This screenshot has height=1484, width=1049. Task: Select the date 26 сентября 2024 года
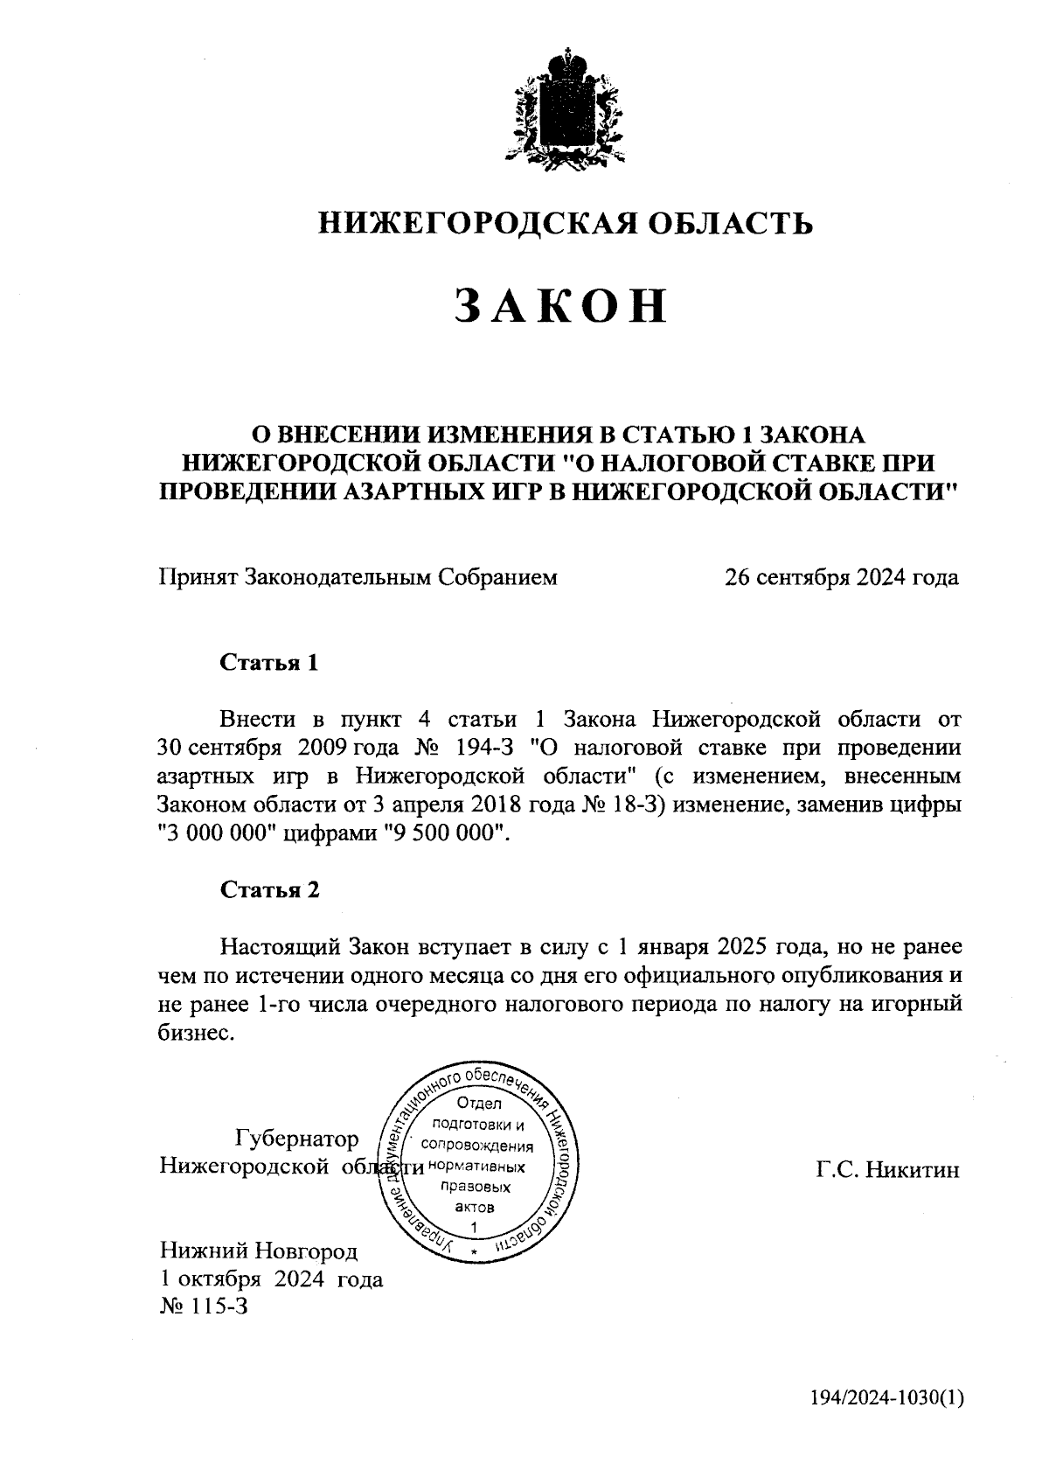click(841, 577)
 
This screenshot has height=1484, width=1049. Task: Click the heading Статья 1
click(269, 662)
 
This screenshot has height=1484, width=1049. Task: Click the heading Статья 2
click(269, 889)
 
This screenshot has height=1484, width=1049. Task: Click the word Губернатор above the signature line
click(297, 1139)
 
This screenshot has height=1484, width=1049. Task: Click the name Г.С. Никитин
click(888, 1170)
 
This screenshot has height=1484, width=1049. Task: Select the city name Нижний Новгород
click(258, 1251)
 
